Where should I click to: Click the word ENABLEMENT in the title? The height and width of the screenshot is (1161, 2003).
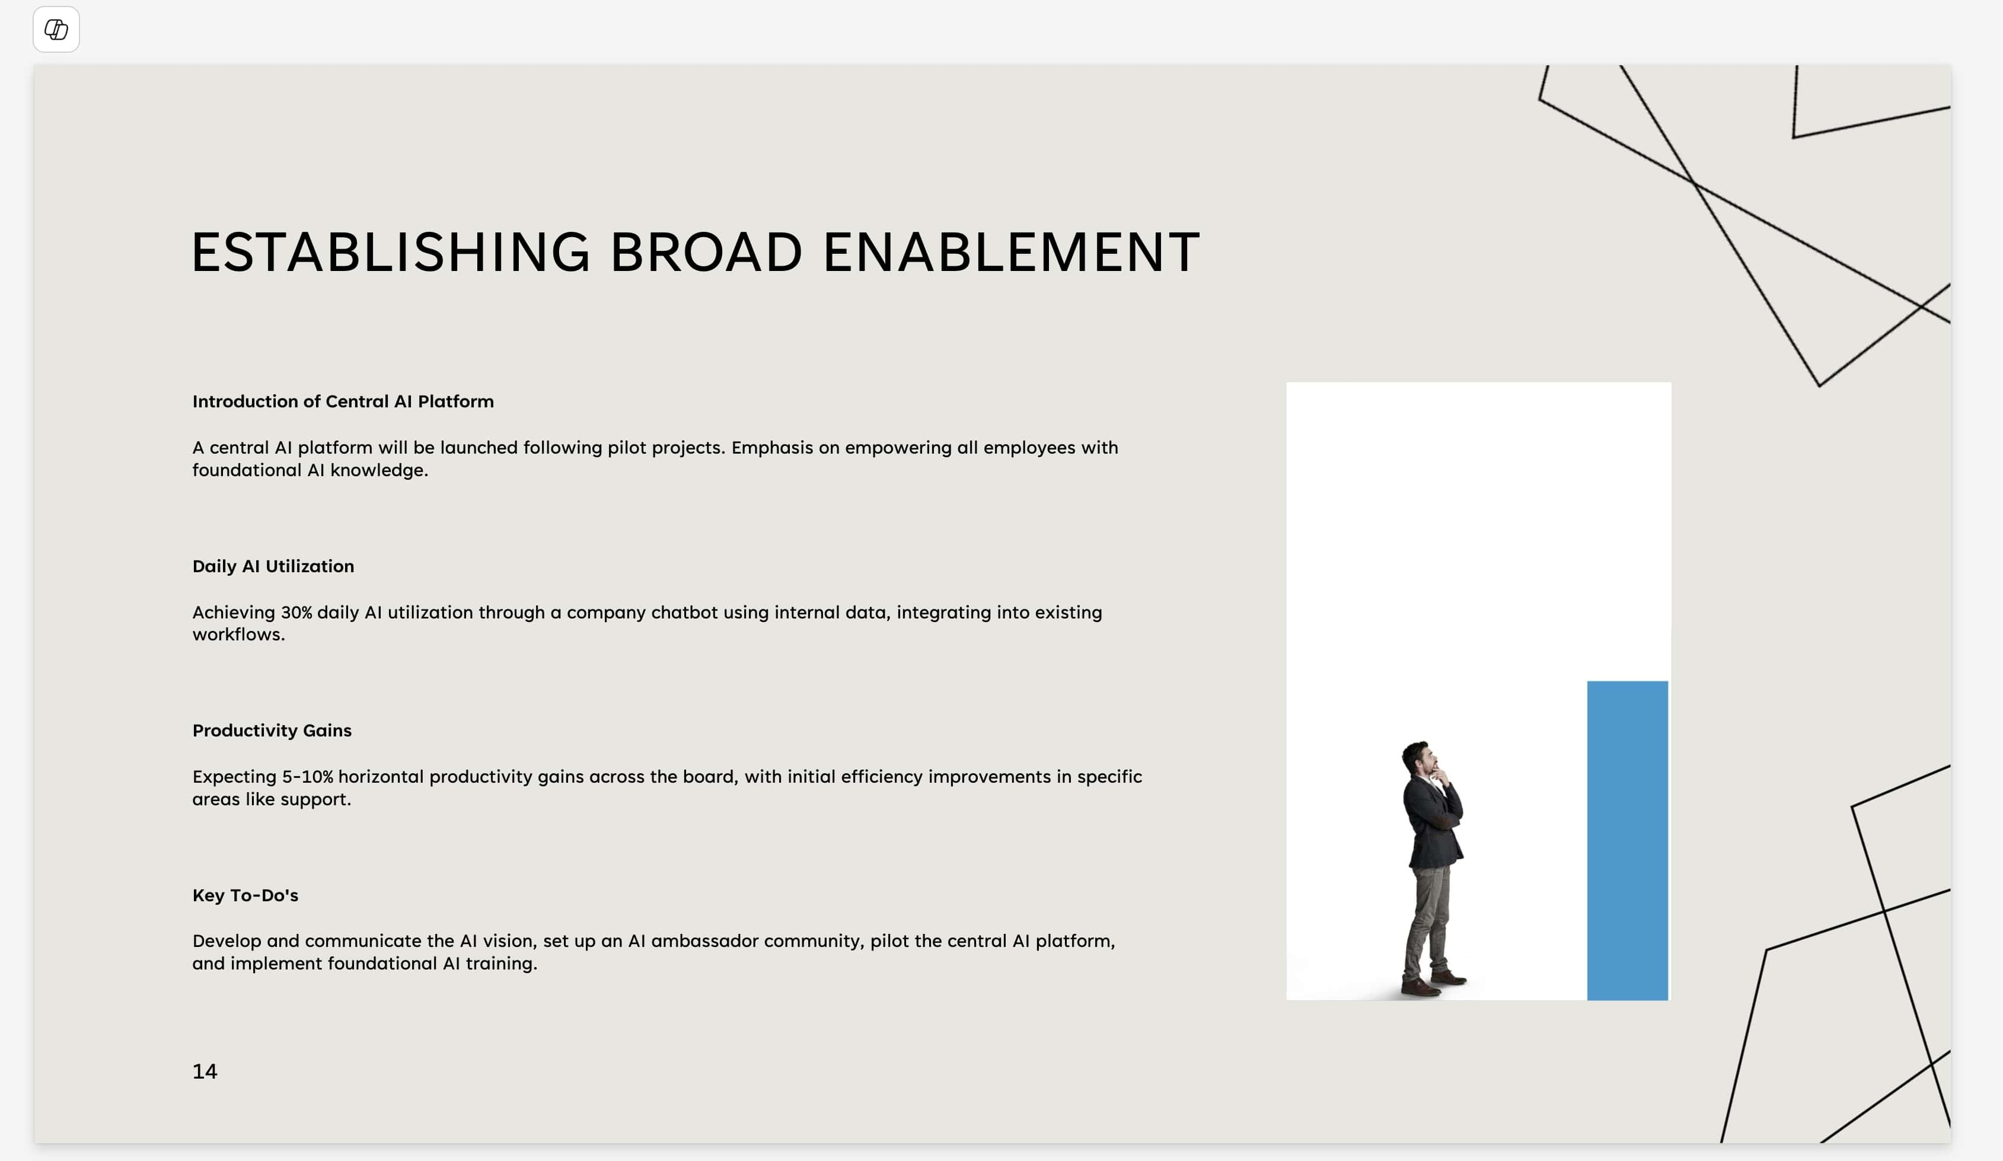(x=1011, y=253)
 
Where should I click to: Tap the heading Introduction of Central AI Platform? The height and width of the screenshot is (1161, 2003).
(x=343, y=401)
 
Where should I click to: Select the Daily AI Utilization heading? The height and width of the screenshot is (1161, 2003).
(x=273, y=566)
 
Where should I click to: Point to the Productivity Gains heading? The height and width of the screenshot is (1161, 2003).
(x=272, y=731)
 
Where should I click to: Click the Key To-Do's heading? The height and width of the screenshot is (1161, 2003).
(x=245, y=895)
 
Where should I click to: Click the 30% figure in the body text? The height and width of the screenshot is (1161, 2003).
(x=296, y=612)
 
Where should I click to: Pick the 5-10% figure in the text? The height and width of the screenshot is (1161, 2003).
(x=308, y=776)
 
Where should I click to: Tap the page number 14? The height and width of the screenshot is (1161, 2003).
(x=205, y=1071)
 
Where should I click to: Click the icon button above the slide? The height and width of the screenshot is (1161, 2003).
(x=56, y=30)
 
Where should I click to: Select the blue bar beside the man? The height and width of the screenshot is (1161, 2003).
(x=1627, y=840)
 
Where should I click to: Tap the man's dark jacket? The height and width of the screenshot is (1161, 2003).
(x=1433, y=822)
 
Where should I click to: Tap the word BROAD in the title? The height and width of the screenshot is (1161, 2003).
(x=707, y=253)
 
